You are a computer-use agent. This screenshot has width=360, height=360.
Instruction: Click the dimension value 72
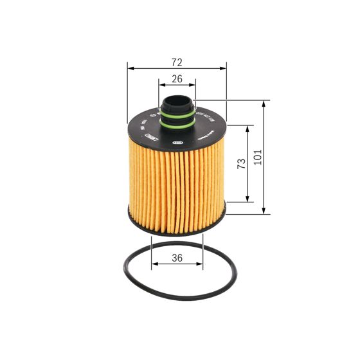(177, 62)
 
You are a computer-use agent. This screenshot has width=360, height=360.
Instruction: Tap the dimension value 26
(177, 79)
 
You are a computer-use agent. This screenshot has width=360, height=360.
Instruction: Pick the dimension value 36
(177, 258)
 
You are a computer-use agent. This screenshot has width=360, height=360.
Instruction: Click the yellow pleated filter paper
(177, 186)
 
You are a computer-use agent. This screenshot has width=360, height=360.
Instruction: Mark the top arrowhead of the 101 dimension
(264, 103)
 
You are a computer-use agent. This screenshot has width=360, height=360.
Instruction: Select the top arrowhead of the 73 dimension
(247, 127)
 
